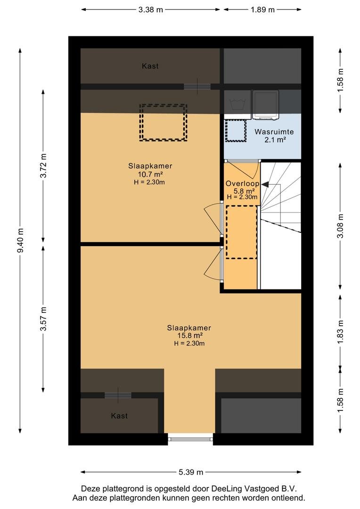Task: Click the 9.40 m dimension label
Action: coord(20,240)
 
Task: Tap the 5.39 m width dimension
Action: coord(191,472)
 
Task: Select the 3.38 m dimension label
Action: coord(151,10)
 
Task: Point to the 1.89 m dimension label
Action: coord(262,10)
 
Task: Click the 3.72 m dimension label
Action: coord(43,165)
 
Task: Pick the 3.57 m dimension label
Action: coord(43,319)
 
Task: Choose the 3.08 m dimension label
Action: coord(340,226)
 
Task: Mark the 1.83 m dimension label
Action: coord(340,332)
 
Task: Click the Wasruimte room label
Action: coord(274,132)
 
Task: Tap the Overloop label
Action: coord(243,183)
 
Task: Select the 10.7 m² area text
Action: coord(150,174)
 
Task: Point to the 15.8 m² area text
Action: coord(190,336)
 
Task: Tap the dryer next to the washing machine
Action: coord(266,104)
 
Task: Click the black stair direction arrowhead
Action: coord(265,185)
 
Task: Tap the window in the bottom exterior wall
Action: coord(190,439)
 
